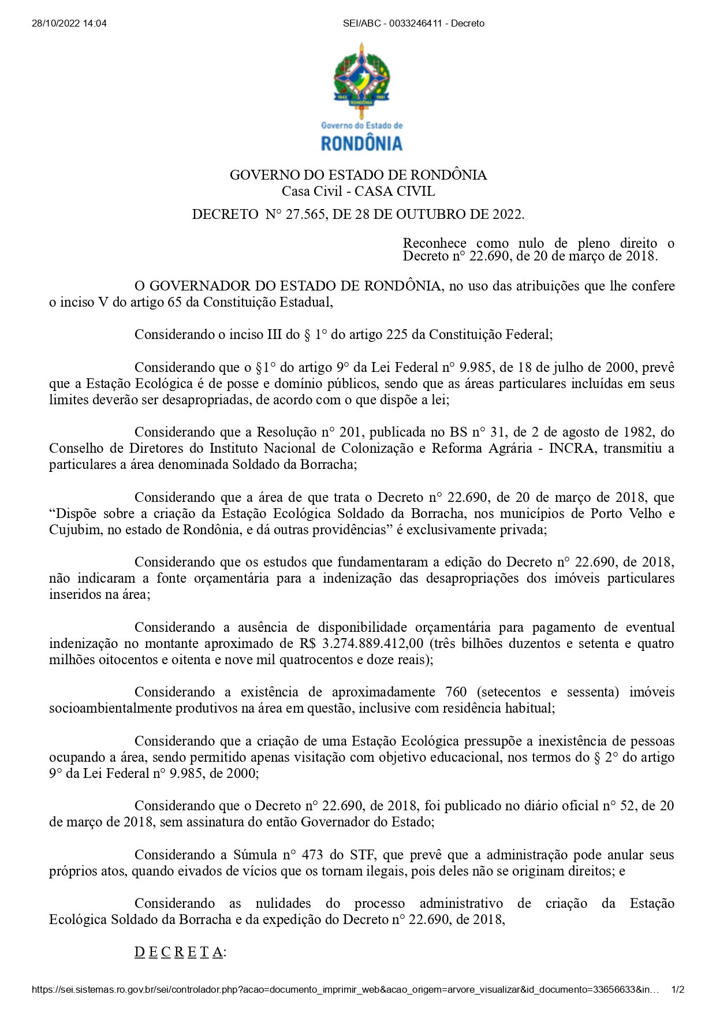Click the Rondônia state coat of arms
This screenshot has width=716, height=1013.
pyautogui.click(x=361, y=78)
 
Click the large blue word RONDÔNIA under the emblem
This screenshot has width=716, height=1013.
pyautogui.click(x=361, y=143)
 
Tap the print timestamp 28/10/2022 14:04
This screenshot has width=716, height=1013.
pyautogui.click(x=69, y=24)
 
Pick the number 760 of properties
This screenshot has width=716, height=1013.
pyautogui.click(x=456, y=692)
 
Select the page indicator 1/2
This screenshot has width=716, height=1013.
pyautogui.click(x=678, y=990)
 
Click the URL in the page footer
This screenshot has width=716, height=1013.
pyautogui.click(x=345, y=990)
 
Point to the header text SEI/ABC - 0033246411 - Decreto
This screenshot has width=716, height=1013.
pyautogui.click(x=413, y=24)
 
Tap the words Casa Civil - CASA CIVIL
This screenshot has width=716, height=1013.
pyautogui.click(x=358, y=192)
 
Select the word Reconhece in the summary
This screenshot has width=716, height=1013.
pyautogui.click(x=435, y=243)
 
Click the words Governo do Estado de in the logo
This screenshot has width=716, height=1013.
pyautogui.click(x=361, y=125)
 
